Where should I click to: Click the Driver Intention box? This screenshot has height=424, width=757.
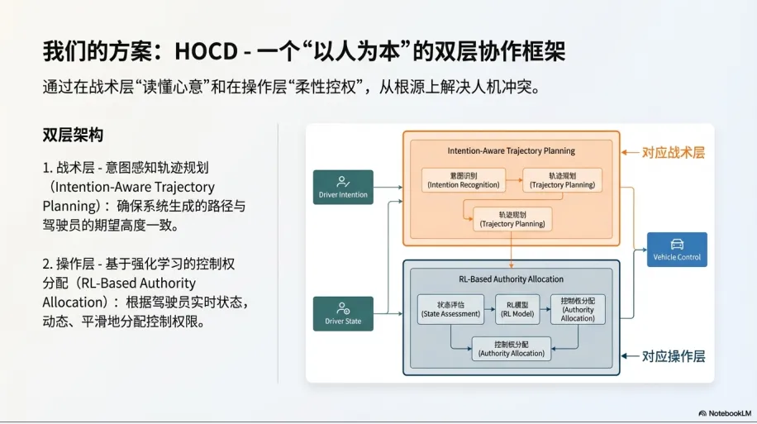(343, 187)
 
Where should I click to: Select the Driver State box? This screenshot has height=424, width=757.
(343, 314)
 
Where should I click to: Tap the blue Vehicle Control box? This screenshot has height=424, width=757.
(677, 250)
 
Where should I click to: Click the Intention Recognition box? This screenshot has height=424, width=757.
(464, 180)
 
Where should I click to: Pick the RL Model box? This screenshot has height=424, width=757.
(517, 309)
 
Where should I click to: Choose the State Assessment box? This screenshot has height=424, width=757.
(450, 309)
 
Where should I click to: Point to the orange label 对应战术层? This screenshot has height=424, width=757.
(673, 153)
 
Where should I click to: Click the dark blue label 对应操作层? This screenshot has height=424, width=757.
(673, 356)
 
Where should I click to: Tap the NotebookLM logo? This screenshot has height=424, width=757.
(724, 412)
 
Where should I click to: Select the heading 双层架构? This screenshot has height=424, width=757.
(73, 135)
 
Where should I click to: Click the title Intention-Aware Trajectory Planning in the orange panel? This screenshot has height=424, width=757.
(511, 151)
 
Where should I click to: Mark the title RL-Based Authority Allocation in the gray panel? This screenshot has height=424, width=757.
(511, 279)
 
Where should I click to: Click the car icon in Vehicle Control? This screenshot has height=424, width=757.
(677, 244)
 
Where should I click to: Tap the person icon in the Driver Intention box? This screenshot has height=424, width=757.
(343, 181)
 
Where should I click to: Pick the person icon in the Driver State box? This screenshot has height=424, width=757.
(343, 308)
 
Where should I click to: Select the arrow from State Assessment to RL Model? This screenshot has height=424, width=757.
(489, 309)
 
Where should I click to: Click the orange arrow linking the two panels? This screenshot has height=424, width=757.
(512, 252)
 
